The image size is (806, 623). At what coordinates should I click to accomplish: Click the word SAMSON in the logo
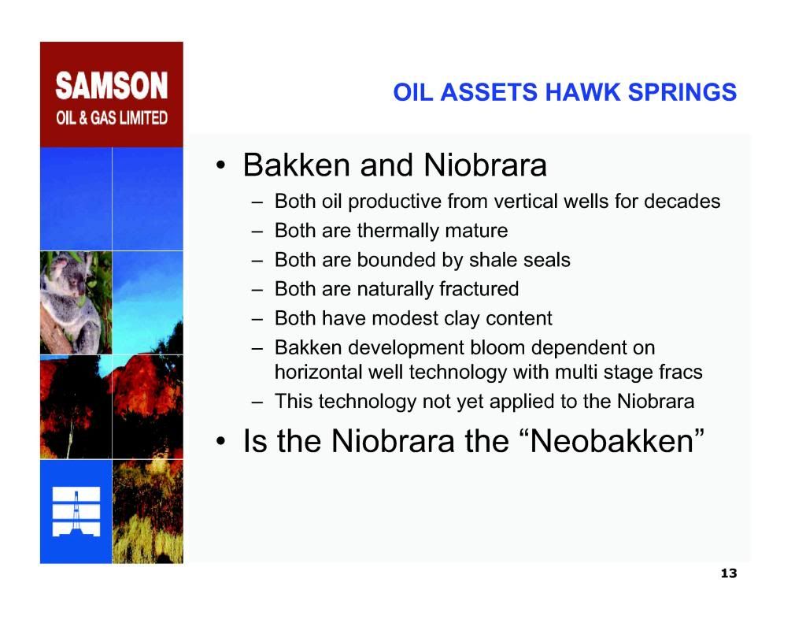coord(112,85)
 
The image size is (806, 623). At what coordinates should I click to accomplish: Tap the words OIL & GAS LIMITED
coord(112,118)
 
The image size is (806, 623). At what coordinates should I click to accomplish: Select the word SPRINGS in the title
coord(682,92)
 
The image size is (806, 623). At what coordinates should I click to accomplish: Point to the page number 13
coord(729,573)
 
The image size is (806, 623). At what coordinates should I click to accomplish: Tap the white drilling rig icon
coord(76,512)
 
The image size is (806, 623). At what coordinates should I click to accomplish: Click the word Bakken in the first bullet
coord(297,165)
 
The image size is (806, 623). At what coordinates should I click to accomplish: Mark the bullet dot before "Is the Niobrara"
coord(221,441)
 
